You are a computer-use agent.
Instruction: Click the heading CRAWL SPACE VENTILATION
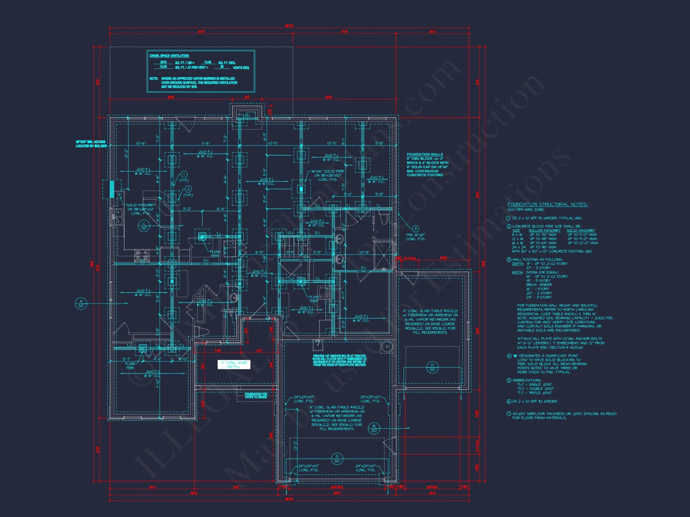(x=169, y=56)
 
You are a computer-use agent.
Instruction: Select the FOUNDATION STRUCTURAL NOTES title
(x=547, y=204)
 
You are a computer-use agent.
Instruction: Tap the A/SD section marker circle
(x=81, y=304)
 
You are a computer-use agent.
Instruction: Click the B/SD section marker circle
(x=374, y=428)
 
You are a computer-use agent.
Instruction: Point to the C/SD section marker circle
(x=144, y=226)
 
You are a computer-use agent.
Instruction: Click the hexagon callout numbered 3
(x=416, y=229)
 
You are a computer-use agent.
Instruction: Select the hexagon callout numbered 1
(x=184, y=174)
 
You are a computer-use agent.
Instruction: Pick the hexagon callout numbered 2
(x=188, y=189)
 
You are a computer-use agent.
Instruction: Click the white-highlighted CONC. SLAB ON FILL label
(x=234, y=365)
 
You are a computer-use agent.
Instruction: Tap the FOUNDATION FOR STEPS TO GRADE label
(x=256, y=396)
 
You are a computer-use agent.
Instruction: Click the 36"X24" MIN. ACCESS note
(x=90, y=144)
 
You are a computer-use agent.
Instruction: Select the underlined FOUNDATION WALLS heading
(x=424, y=154)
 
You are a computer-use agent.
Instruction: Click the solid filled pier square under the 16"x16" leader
(x=301, y=189)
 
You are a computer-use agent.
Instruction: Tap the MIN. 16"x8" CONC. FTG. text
(x=415, y=237)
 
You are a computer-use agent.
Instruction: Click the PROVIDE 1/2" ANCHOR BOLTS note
(x=339, y=360)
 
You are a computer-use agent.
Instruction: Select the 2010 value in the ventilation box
(x=163, y=62)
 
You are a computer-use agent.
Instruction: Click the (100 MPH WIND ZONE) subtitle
(x=525, y=210)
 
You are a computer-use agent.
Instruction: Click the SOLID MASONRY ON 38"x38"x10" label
(x=140, y=209)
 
